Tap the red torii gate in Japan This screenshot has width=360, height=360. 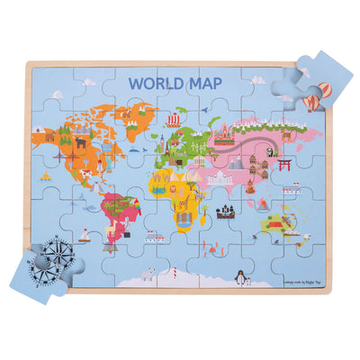[x=284, y=165]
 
